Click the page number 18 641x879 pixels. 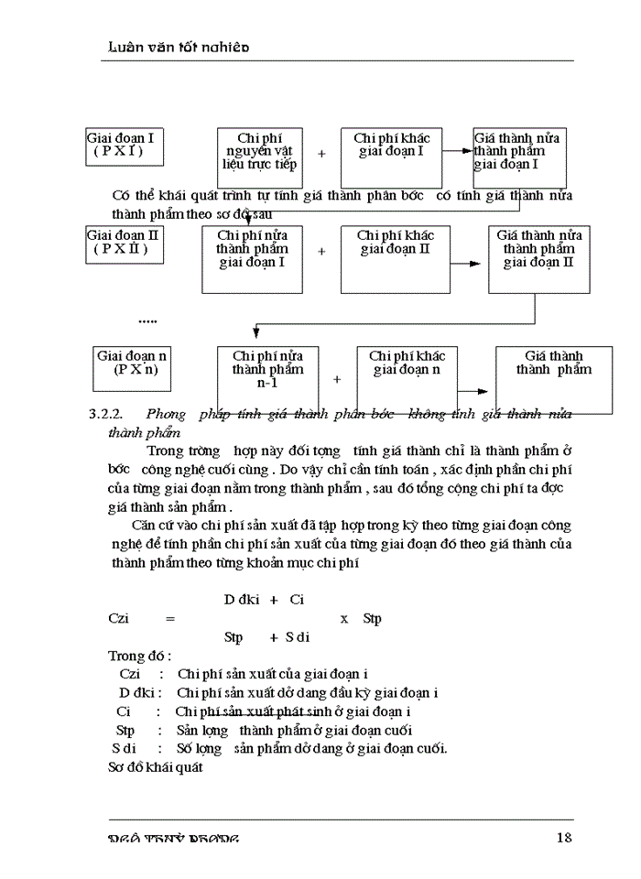pyautogui.click(x=565, y=837)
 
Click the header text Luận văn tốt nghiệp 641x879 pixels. pyautogui.click(x=173, y=46)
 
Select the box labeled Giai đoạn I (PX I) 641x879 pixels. pyautogui.click(x=125, y=146)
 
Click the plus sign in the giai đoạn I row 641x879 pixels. pyautogui.click(x=321, y=154)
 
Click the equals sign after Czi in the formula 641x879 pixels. pyautogui.click(x=169, y=619)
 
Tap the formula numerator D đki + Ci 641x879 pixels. pyautogui.click(x=264, y=600)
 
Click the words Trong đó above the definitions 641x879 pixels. pyautogui.click(x=139, y=657)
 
